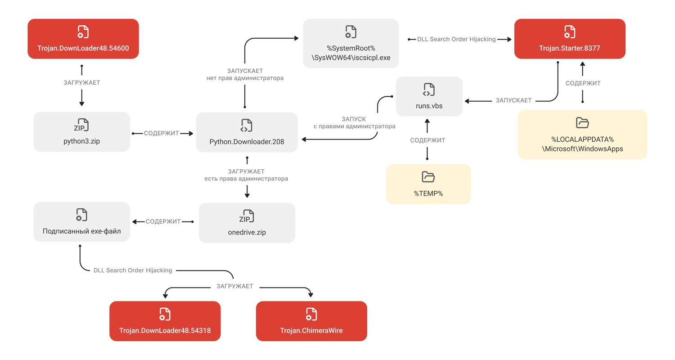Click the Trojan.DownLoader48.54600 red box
[x=83, y=39]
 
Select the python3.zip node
[x=81, y=131]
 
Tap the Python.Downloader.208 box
[x=247, y=132]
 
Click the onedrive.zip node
[x=247, y=223]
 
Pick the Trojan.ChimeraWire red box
[x=311, y=321]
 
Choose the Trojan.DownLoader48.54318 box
[x=165, y=321]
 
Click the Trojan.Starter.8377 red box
[x=570, y=39]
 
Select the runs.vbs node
[x=429, y=96]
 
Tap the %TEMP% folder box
[x=428, y=184]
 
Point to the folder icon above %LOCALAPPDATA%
[x=582, y=123]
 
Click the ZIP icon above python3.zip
[x=81, y=125]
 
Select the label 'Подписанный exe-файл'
[x=81, y=231]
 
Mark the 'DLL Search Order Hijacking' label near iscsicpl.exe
[x=456, y=39]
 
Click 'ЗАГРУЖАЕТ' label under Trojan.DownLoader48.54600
[x=81, y=83]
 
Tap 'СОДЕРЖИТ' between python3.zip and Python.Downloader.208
[x=161, y=133]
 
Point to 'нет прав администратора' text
[x=245, y=78]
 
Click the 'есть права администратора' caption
[x=246, y=179]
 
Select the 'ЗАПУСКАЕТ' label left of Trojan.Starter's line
[x=513, y=100]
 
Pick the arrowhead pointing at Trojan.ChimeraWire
[x=310, y=295]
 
